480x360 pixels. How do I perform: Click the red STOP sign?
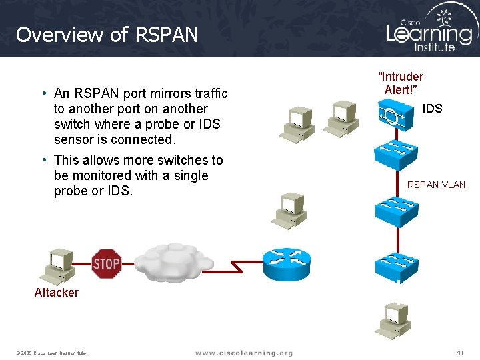click(106, 263)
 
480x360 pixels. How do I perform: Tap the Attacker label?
click(57, 293)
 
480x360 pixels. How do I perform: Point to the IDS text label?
click(432, 109)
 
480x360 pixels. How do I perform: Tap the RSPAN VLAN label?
click(437, 185)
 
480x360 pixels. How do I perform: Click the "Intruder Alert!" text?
click(401, 83)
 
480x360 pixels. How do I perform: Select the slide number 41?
click(459, 352)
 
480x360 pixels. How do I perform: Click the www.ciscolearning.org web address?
click(244, 353)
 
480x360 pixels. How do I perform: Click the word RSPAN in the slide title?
click(169, 34)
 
